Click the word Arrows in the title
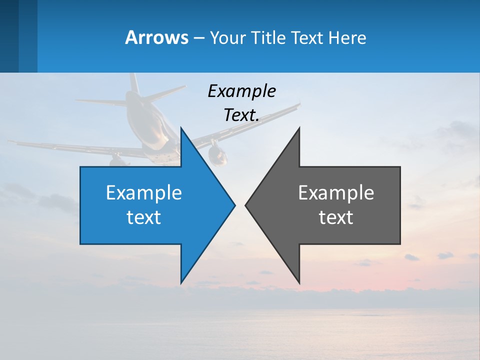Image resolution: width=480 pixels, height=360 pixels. [156, 37]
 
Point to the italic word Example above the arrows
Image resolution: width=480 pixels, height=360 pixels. [241, 91]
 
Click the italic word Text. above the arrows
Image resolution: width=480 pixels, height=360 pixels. [241, 115]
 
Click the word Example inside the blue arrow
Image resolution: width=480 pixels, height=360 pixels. [143, 192]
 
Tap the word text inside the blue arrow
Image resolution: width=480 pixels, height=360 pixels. [143, 217]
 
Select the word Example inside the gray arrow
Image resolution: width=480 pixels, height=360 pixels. [336, 192]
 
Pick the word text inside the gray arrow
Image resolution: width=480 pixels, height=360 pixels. [336, 217]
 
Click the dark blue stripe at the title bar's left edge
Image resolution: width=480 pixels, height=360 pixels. [9, 36]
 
